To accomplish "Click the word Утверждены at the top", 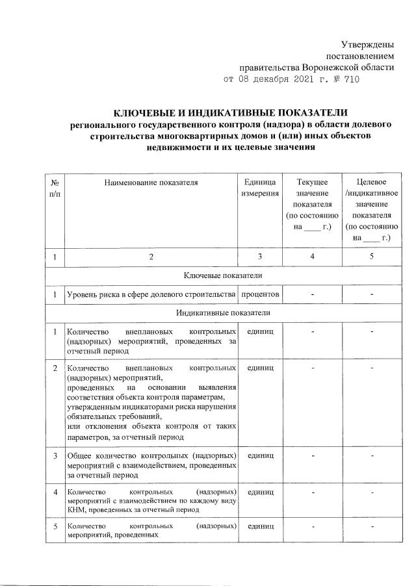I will [369, 44].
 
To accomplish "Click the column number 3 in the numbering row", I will [260, 257].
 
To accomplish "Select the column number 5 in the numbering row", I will [371, 257].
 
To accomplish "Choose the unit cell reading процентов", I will [260, 295].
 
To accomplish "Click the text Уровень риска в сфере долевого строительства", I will [151, 295].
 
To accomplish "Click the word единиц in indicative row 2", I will [260, 368].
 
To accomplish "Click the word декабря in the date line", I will [258, 80].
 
